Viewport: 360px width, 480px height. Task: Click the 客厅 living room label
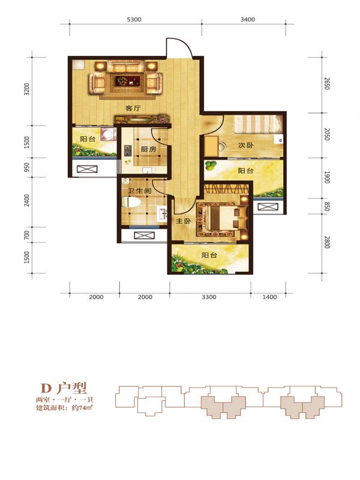pyautogui.click(x=133, y=108)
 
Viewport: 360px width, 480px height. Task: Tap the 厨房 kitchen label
pyautogui.click(x=148, y=149)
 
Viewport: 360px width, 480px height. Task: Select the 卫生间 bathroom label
pyautogui.click(x=140, y=191)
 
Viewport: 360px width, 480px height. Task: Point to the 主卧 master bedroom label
pyautogui.click(x=184, y=221)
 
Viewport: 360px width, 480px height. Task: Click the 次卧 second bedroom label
pyautogui.click(x=246, y=145)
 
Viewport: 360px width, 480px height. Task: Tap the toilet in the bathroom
pyautogui.click(x=131, y=202)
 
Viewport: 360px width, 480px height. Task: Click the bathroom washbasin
pyautogui.click(x=161, y=214)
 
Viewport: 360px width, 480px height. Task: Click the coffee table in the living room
pyautogui.click(x=125, y=81)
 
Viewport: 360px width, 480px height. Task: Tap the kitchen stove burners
pyautogui.click(x=128, y=151)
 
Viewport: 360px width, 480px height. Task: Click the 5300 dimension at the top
pyautogui.click(x=134, y=19)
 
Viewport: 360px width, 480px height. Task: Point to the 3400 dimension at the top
pyautogui.click(x=247, y=19)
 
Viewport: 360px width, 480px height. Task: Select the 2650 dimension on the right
pyautogui.click(x=326, y=83)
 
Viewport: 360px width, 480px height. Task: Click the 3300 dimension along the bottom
pyautogui.click(x=209, y=297)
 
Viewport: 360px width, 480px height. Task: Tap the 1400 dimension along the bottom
pyautogui.click(x=269, y=297)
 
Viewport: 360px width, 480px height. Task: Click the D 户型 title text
pyautogui.click(x=64, y=388)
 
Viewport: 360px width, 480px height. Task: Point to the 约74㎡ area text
pyautogui.click(x=82, y=407)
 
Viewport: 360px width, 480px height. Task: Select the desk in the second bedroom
pyautogui.click(x=211, y=146)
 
